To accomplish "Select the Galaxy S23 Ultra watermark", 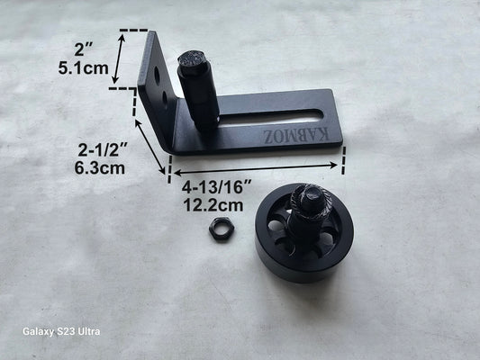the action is coord(61,331).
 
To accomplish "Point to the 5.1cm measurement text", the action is coord(83,67).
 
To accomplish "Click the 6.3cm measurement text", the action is coord(100,167).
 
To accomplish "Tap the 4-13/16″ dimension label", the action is coord(216,187).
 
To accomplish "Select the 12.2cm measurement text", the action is coord(213,205).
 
